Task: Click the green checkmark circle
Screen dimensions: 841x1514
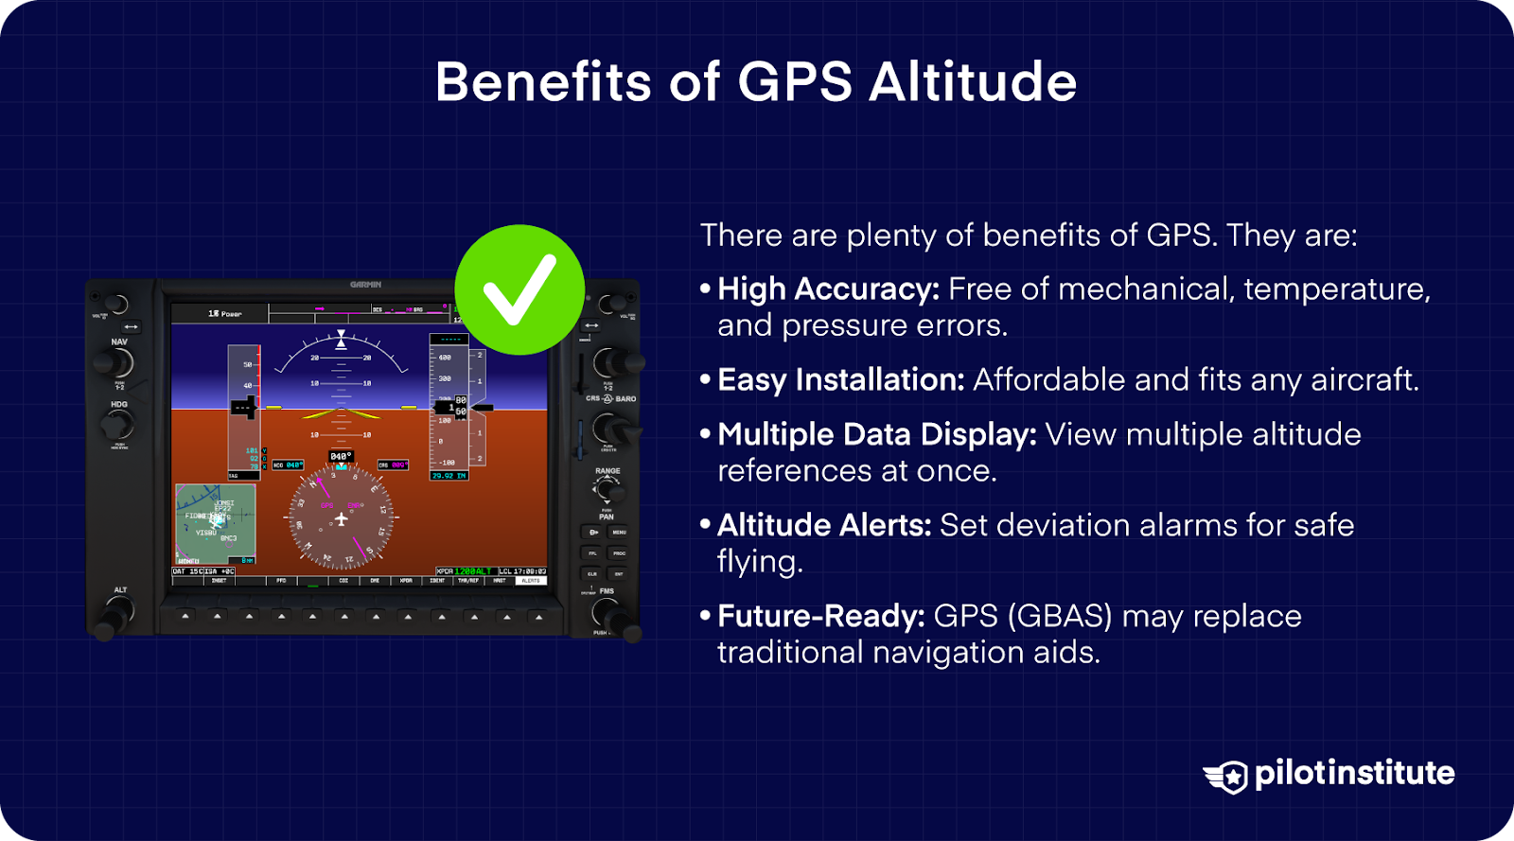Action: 519,289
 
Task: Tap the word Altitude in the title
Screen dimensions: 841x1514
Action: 973,81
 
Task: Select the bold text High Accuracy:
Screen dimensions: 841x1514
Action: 828,289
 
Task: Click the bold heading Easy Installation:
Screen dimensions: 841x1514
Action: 840,379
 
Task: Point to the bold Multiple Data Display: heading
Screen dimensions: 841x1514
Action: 876,434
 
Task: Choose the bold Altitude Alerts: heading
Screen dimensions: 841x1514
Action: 824,525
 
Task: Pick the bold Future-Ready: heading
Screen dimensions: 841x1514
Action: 820,616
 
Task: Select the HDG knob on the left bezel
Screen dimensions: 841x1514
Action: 117,425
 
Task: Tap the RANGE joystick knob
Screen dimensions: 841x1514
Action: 608,490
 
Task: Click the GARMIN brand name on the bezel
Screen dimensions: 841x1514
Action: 366,285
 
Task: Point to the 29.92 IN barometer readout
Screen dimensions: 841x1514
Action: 449,476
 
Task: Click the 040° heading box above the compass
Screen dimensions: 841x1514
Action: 341,456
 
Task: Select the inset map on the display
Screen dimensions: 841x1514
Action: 216,524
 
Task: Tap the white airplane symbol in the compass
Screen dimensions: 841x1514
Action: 342,519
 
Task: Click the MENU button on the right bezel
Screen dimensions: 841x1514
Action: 619,533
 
